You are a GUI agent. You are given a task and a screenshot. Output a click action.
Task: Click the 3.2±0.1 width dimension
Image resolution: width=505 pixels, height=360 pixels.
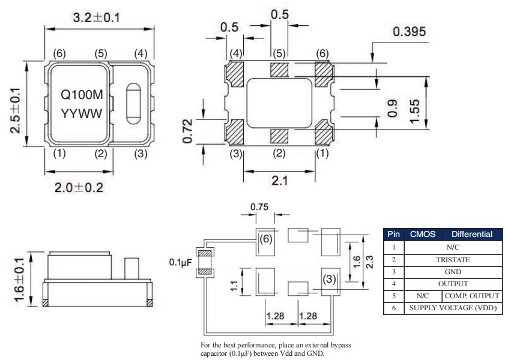[97, 17]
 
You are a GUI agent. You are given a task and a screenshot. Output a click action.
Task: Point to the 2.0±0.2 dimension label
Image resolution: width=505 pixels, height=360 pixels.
[79, 188]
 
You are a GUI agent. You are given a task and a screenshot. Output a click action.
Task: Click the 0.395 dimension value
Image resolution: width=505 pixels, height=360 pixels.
[410, 32]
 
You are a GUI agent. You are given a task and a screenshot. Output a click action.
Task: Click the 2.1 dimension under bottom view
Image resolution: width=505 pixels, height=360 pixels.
[279, 180]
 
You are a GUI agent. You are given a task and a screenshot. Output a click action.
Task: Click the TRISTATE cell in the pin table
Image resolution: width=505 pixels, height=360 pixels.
[452, 259]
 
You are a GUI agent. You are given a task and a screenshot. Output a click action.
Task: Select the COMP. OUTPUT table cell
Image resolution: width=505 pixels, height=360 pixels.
[471, 296]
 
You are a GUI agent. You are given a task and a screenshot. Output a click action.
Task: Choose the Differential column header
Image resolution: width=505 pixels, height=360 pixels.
[471, 234]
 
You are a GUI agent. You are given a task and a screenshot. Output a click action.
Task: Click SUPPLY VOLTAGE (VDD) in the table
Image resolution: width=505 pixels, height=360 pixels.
[452, 308]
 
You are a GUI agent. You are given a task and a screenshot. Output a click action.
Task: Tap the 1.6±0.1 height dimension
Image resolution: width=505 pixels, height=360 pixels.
[20, 277]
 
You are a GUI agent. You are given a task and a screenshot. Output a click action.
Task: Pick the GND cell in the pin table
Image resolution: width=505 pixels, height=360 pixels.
[452, 271]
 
